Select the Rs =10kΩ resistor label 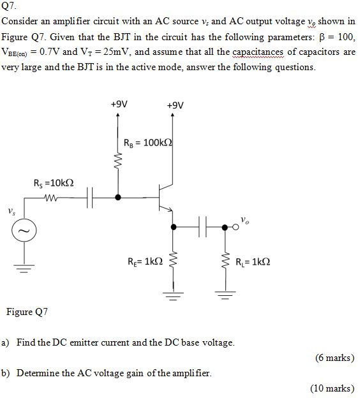point(54,184)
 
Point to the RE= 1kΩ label point(145,261)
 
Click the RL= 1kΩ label point(252,261)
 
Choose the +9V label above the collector point(174,105)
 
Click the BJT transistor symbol point(165,198)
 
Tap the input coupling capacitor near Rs point(91,198)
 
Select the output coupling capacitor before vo point(205,226)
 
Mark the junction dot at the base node point(117,198)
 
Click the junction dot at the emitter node point(171,226)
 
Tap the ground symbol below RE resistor point(171,295)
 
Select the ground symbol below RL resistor point(225,295)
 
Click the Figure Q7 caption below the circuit point(27,312)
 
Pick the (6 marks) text point(334,358)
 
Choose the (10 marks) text point(332,388)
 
